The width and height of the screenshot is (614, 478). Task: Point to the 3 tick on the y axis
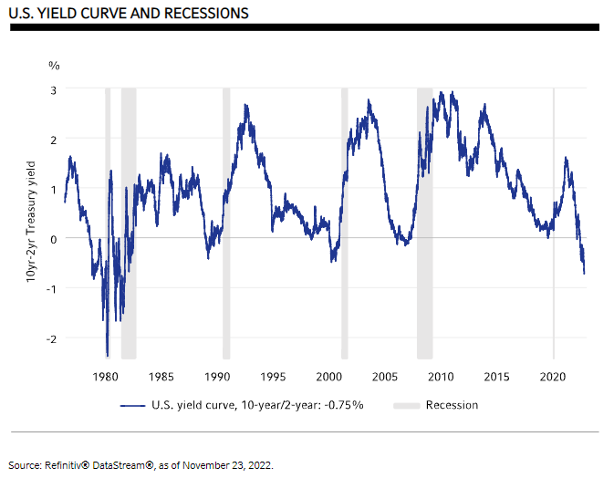[x=54, y=89]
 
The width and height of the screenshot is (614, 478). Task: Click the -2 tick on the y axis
[x=52, y=338]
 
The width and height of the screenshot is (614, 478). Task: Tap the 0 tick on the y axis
[x=54, y=238]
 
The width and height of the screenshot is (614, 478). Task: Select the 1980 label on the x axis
[x=106, y=376]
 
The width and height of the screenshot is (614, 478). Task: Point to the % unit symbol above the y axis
[x=54, y=66]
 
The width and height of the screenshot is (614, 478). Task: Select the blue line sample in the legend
[x=133, y=405]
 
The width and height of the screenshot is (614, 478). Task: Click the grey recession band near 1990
[x=225, y=219]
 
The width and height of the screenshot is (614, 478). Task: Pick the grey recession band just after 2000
[x=344, y=219]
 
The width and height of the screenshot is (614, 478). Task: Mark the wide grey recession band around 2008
[x=424, y=219]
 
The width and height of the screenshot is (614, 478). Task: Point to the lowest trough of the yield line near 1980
[x=108, y=355]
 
